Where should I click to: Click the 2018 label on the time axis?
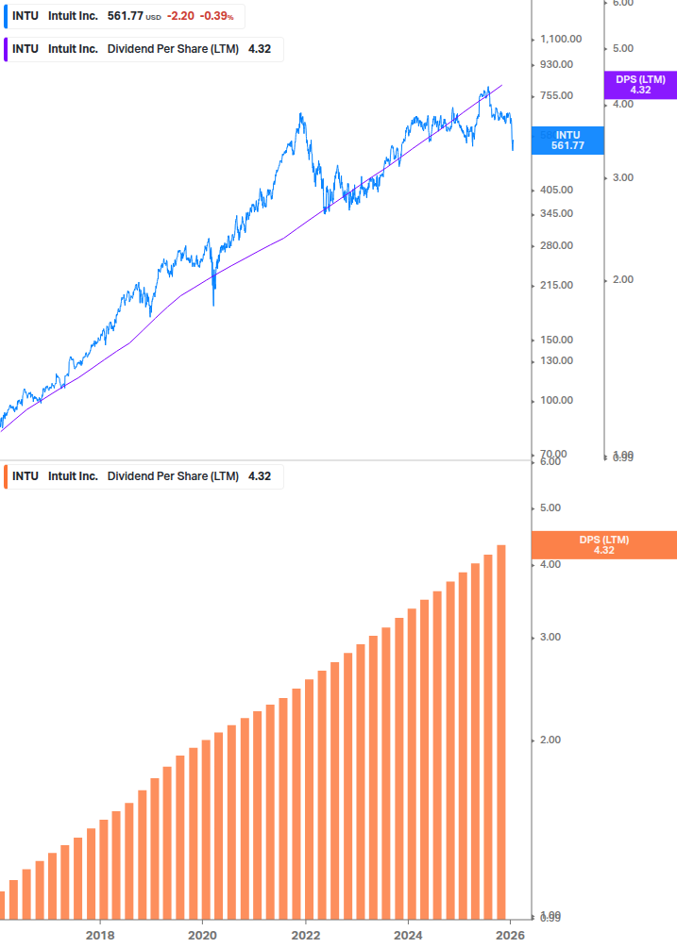coord(100,935)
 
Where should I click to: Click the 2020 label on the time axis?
coord(202,935)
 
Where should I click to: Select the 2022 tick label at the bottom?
coord(305,935)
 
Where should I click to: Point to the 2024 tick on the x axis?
coord(408,935)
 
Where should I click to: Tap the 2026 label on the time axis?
coord(510,935)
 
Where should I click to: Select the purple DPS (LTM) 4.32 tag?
coord(640,85)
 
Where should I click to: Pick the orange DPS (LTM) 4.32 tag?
coord(604,545)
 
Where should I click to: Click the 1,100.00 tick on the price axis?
coord(561,39)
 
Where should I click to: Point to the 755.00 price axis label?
coord(556,95)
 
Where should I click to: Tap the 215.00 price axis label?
coord(556,285)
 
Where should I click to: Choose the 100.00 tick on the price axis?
coord(556,400)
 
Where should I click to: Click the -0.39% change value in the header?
coord(216,16)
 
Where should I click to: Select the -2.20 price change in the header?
coord(179,16)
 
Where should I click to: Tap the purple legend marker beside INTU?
coord(6,49)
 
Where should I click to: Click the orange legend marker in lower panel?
coord(6,476)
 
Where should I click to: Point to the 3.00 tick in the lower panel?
coord(550,637)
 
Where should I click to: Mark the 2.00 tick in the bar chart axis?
coord(550,740)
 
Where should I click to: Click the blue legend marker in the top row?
coord(6,16)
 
